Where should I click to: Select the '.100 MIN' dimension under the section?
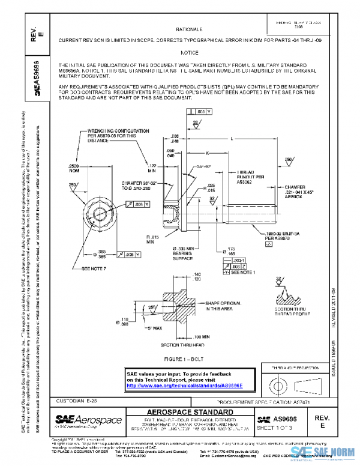[202, 337]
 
